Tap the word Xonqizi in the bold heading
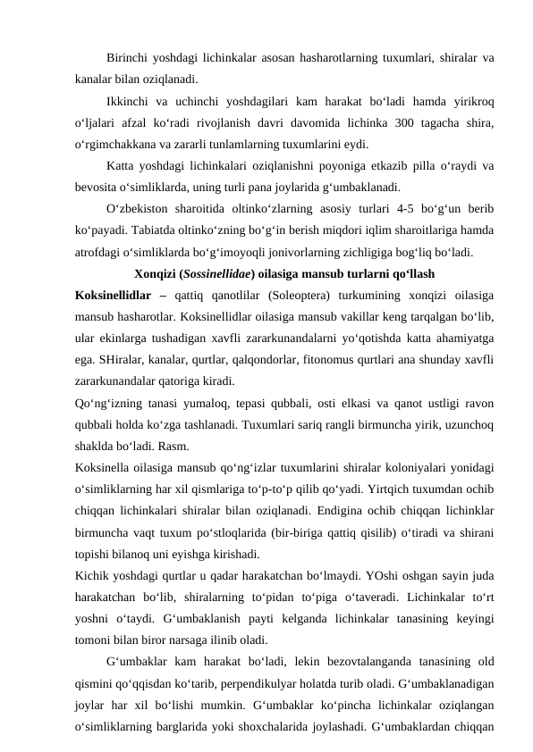(155, 273)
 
